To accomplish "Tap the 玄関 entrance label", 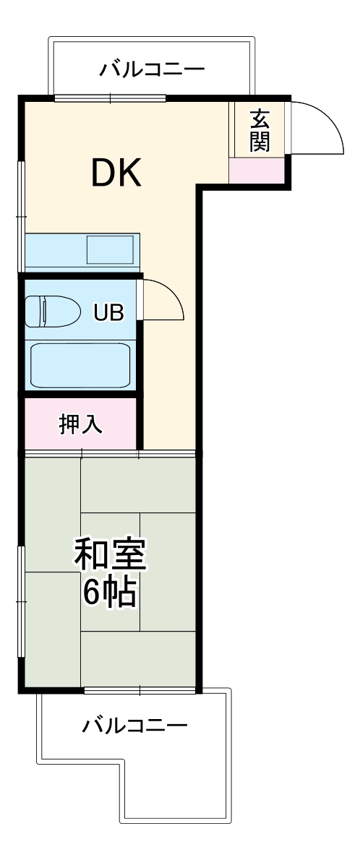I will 260,131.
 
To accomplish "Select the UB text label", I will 108,312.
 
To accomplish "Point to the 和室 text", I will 111,555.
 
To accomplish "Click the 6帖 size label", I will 110,592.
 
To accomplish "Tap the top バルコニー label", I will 153,69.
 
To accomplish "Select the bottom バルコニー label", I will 134,723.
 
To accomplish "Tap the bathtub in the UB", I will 80,366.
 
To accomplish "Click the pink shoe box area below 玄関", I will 257,171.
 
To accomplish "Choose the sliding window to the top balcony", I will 110,98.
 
